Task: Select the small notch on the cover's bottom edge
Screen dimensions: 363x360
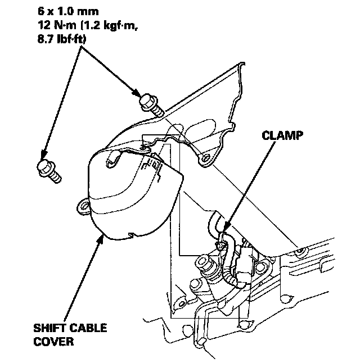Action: pyautogui.click(x=130, y=234)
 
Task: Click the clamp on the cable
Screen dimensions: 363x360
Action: pyautogui.click(x=224, y=243)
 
